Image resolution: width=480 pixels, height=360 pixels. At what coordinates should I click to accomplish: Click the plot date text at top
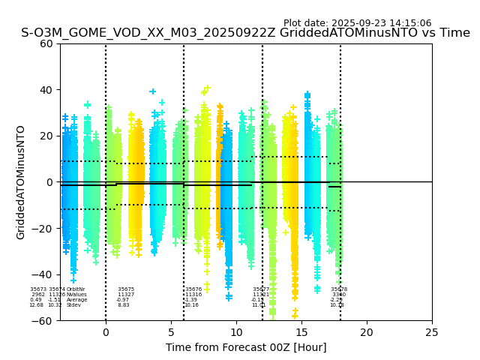pos(357,23)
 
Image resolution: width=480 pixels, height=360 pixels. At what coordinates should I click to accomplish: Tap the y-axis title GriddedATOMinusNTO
pos(21,182)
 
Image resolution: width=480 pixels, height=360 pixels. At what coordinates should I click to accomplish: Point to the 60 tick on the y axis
pos(46,43)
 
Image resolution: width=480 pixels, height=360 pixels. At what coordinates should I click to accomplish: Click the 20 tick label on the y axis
pos(46,136)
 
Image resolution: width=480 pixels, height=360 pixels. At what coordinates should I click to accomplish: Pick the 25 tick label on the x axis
pos(432,331)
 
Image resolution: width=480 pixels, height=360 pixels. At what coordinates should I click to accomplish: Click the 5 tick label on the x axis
pos(171,331)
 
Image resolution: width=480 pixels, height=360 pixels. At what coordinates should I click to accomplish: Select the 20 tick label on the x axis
pos(367,331)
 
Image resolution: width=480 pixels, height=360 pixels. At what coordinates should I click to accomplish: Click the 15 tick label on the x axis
pos(301,331)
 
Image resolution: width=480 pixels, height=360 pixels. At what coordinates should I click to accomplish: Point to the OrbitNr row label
pos(76,289)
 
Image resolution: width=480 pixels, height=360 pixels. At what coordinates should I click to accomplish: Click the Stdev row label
pos(73,305)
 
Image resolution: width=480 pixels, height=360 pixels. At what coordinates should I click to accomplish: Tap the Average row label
pos(76,300)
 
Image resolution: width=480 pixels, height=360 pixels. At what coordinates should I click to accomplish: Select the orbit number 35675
pos(126,289)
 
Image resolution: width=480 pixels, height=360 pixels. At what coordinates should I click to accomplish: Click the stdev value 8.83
pos(124,305)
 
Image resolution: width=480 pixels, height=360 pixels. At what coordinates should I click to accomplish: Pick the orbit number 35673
pos(38,289)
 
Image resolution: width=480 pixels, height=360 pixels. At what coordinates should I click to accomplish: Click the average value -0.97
pos(123,300)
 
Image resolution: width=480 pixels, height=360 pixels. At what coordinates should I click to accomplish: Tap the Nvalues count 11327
pos(126,295)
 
